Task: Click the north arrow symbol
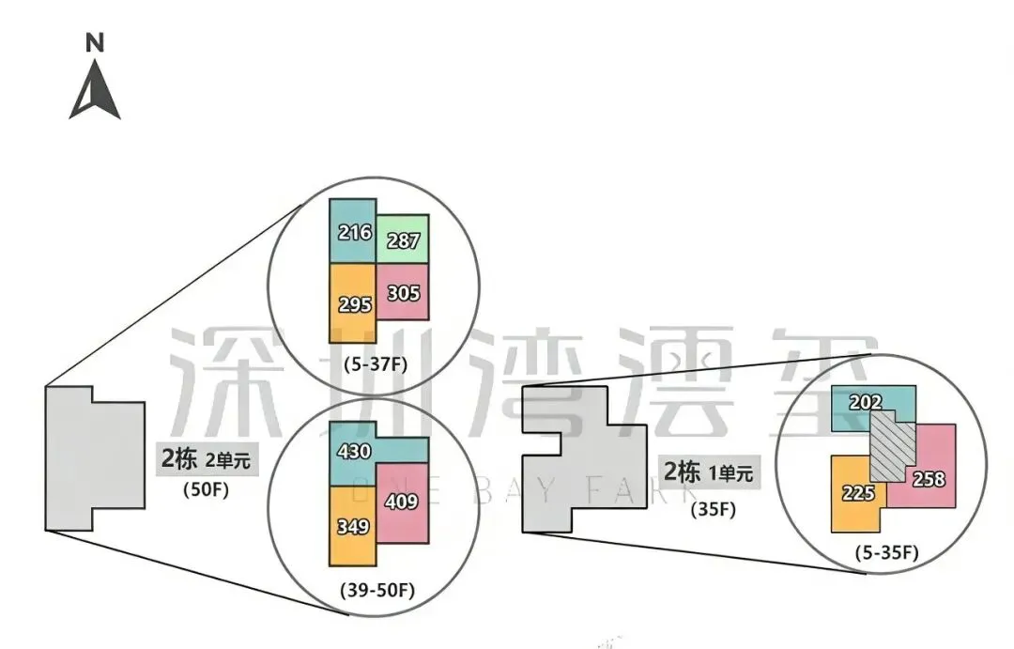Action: (x=95, y=90)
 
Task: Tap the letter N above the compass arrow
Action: (x=94, y=42)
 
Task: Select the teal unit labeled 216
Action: (x=353, y=231)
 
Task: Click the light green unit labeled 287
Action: (x=403, y=240)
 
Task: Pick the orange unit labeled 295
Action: (x=352, y=303)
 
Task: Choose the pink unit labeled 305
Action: (x=403, y=292)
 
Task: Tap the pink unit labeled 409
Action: (x=402, y=502)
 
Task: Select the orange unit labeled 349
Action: (x=352, y=525)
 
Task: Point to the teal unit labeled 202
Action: (x=868, y=402)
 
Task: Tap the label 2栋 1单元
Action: (x=709, y=471)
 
